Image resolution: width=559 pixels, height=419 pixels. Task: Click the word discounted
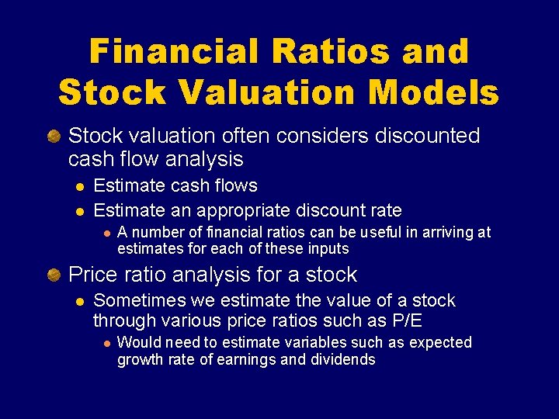tap(428, 136)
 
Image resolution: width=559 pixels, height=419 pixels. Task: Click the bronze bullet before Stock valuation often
tap(54, 137)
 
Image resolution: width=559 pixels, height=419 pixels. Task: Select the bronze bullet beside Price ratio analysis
tap(54, 275)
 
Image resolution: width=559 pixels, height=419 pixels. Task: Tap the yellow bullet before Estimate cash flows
tap(78, 186)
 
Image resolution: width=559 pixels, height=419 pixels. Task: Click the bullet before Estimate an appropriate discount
tap(78, 210)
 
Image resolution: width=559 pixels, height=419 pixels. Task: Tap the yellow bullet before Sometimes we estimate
tap(78, 301)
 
